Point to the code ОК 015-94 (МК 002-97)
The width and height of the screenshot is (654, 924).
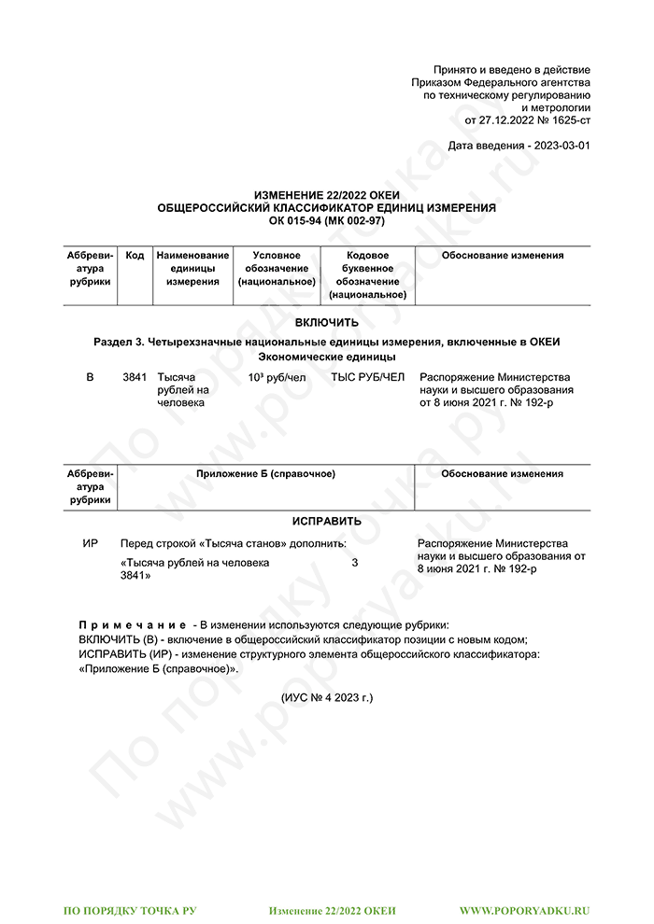(x=326, y=220)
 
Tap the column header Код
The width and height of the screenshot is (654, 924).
(x=135, y=256)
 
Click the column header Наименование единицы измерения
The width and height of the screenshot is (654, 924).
(x=192, y=268)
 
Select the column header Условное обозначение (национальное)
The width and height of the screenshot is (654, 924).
(x=277, y=268)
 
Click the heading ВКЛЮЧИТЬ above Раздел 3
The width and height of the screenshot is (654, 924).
(x=326, y=323)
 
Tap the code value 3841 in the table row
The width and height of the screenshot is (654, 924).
(x=135, y=377)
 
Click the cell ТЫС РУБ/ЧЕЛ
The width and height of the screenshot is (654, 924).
(x=368, y=377)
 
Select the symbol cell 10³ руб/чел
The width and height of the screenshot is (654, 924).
(x=277, y=377)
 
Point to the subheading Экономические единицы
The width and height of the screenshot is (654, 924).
(x=326, y=357)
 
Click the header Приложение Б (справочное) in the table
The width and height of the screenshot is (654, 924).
(x=265, y=474)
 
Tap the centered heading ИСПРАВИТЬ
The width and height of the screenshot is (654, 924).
(x=326, y=521)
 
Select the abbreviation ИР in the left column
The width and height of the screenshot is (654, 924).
(x=91, y=544)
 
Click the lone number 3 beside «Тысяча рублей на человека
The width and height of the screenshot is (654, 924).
(x=354, y=563)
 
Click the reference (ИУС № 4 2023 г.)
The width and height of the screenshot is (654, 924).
(x=326, y=697)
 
